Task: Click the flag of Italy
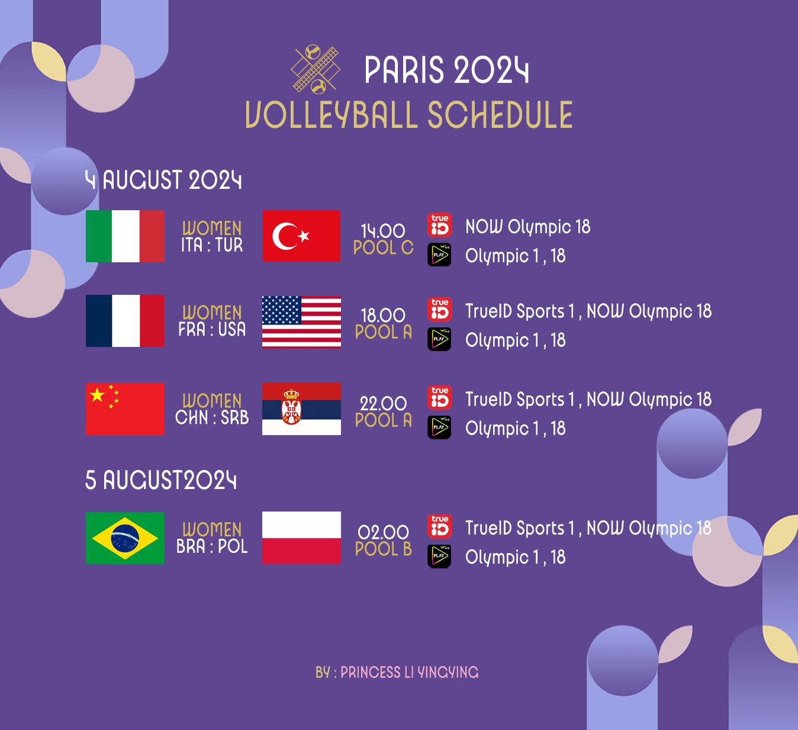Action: click(x=125, y=236)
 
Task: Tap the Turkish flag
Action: click(x=301, y=236)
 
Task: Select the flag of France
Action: click(x=125, y=321)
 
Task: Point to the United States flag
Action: click(x=301, y=322)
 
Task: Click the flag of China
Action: click(x=125, y=409)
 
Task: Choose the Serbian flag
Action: click(x=301, y=409)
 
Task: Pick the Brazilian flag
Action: click(x=125, y=538)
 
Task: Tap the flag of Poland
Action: click(x=301, y=538)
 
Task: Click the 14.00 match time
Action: click(x=383, y=231)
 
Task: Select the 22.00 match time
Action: click(x=383, y=404)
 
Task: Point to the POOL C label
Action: click(x=384, y=247)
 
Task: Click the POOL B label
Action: click(x=384, y=549)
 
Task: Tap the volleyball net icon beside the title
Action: click(x=316, y=69)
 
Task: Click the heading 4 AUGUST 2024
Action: click(x=163, y=180)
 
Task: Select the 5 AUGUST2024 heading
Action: click(x=161, y=480)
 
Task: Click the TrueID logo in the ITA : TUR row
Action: click(x=440, y=225)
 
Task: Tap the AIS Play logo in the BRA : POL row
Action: click(x=439, y=556)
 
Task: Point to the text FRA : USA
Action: click(x=212, y=329)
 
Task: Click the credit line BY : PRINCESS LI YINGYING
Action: click(x=397, y=673)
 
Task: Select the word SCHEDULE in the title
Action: click(x=500, y=115)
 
